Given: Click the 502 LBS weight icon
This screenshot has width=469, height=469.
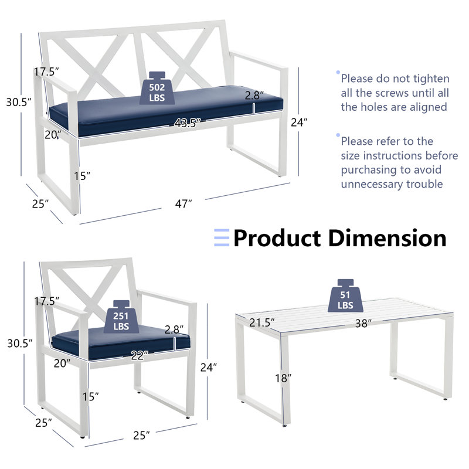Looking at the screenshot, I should tap(156, 89).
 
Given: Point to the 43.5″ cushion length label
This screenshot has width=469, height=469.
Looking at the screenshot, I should tap(187, 123).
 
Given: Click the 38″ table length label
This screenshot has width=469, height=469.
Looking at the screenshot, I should tap(364, 323).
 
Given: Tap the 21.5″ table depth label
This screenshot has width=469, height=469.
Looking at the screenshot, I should tap(261, 323).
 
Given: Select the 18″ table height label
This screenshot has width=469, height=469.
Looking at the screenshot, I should tap(283, 378).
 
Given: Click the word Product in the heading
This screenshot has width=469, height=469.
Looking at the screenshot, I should tap(276, 238).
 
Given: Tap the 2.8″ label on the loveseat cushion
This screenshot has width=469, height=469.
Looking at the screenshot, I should tap(254, 94).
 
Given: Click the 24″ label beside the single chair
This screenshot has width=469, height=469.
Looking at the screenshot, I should tap(208, 366).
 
